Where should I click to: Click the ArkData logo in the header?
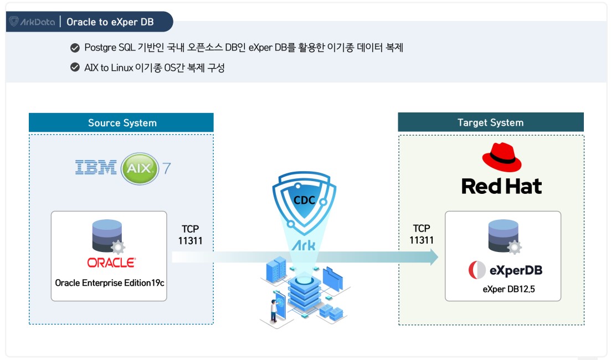[32, 22]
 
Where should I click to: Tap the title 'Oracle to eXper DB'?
[110, 22]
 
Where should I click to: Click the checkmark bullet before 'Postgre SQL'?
[75, 48]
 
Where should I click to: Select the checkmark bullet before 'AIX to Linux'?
[75, 68]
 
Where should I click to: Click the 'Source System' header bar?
[121, 122]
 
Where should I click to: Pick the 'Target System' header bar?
[490, 122]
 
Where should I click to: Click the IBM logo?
[96, 167]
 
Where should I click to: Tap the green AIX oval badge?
[139, 167]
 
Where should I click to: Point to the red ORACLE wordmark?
[111, 262]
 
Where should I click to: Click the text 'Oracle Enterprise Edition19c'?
[110, 282]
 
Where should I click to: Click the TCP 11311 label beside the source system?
[190, 234]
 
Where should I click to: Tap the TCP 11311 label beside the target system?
[422, 234]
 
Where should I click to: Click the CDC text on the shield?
[305, 200]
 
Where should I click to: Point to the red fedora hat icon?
[502, 157]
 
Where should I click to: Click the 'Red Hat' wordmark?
[501, 186]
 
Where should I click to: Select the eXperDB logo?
[505, 270]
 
